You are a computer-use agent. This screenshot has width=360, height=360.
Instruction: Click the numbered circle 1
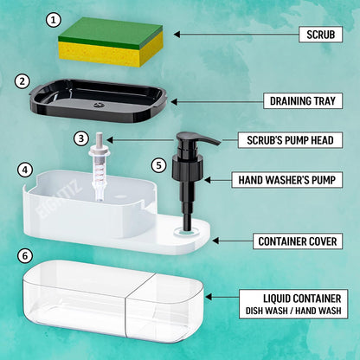click(x=54, y=19)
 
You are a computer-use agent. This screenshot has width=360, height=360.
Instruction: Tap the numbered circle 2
click(x=22, y=80)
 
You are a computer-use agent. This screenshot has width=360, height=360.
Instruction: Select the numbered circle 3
click(x=80, y=137)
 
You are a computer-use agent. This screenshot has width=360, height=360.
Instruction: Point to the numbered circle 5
click(x=157, y=164)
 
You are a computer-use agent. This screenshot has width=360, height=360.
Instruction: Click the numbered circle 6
click(x=25, y=256)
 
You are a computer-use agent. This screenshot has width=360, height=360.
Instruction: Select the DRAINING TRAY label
click(x=306, y=101)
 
